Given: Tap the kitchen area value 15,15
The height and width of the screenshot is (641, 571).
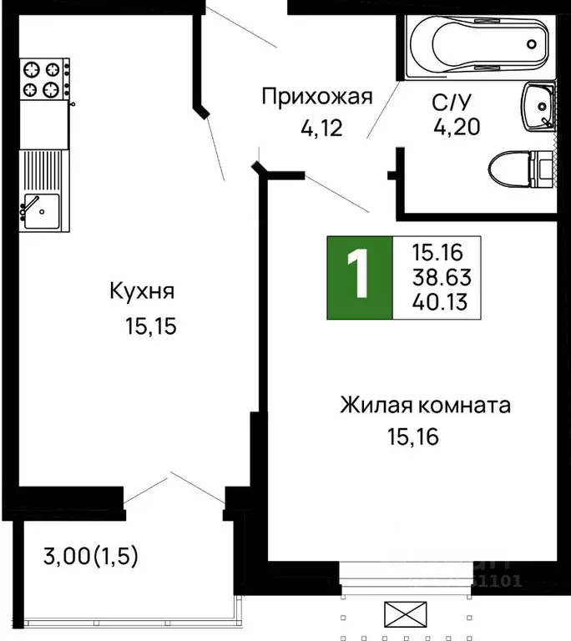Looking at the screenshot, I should click(151, 326).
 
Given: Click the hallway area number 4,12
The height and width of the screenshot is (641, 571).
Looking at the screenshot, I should click(321, 129).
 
